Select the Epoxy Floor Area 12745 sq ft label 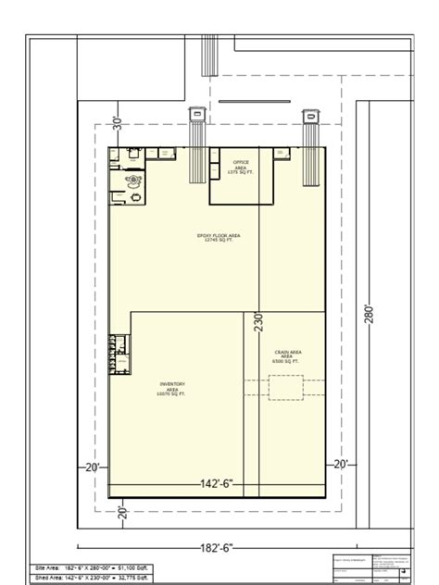click(x=219, y=238)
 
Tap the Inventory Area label click(x=173, y=388)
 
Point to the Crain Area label click(x=288, y=356)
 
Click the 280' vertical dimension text click(x=369, y=315)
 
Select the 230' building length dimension click(x=259, y=321)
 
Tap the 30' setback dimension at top click(x=118, y=123)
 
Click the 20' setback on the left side click(x=92, y=467)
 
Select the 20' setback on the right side click(x=340, y=464)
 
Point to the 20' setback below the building click(x=121, y=511)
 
